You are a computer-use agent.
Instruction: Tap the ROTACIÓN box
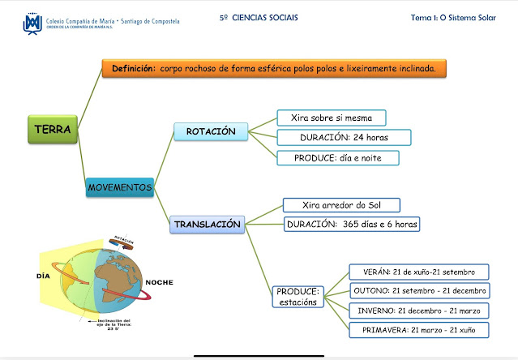click(211, 131)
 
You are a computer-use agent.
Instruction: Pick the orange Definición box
click(274, 69)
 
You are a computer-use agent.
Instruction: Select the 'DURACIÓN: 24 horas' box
click(344, 138)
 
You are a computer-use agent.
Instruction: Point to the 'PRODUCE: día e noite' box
click(338, 157)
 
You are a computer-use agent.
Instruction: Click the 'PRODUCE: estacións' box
click(298, 297)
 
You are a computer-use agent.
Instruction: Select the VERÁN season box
click(418, 271)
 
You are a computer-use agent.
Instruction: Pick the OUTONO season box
click(420, 290)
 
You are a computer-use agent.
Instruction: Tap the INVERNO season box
click(418, 311)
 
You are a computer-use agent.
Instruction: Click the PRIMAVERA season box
click(418, 330)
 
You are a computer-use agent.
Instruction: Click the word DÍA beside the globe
click(44, 276)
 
